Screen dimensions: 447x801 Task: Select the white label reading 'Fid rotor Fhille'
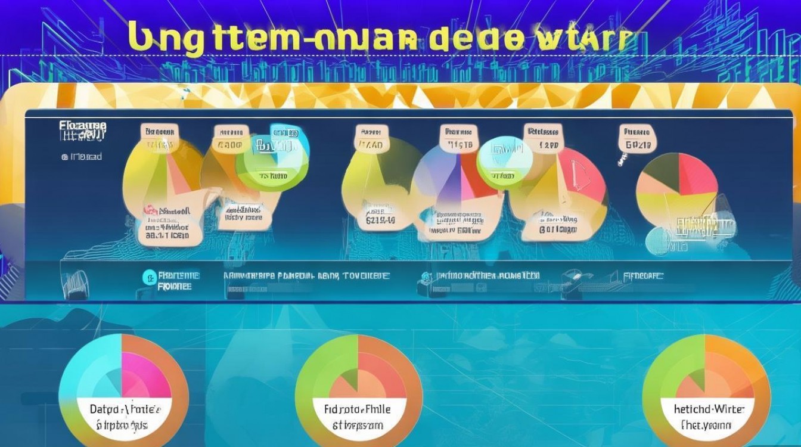point(358,409)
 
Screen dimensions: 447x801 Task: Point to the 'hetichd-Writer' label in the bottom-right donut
point(706,409)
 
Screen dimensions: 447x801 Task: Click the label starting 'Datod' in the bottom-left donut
point(125,409)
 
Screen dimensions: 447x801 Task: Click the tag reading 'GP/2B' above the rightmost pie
point(637,144)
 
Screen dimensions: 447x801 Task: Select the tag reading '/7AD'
point(370,144)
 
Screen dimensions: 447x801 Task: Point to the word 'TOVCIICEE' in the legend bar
point(366,276)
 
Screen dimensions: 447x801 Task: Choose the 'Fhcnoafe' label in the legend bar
point(643,276)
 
